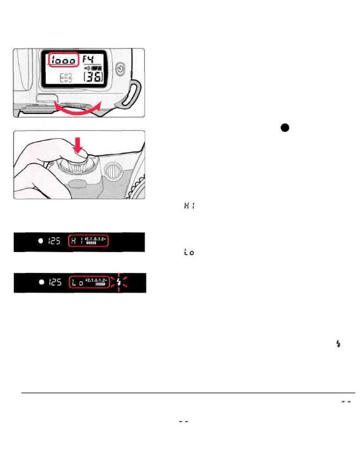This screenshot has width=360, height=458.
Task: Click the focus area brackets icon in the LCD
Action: point(67,79)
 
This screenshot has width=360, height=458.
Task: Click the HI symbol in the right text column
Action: point(188,206)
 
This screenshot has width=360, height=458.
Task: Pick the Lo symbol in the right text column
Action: point(188,253)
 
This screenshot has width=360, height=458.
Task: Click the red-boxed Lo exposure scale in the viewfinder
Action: point(89,283)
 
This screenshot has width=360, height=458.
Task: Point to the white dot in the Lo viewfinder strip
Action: point(41,283)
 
